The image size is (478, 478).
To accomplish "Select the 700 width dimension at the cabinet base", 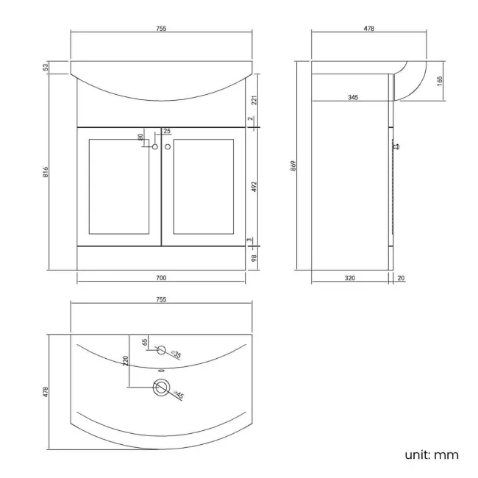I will (x=161, y=278).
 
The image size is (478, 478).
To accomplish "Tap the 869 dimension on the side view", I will (x=293, y=165).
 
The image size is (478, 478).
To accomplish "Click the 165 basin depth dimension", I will (x=439, y=79).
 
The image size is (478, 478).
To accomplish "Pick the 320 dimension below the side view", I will (x=350, y=278).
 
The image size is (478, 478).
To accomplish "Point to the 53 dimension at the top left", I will (x=46, y=68).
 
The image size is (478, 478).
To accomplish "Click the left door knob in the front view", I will (x=155, y=147).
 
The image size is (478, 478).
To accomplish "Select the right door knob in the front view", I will (x=168, y=147).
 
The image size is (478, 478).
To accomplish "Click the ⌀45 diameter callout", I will (x=179, y=395).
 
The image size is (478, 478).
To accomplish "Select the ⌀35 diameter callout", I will (x=176, y=355).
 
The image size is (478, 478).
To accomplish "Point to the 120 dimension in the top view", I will (x=126, y=361).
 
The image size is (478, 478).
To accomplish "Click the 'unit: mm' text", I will (x=432, y=454).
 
